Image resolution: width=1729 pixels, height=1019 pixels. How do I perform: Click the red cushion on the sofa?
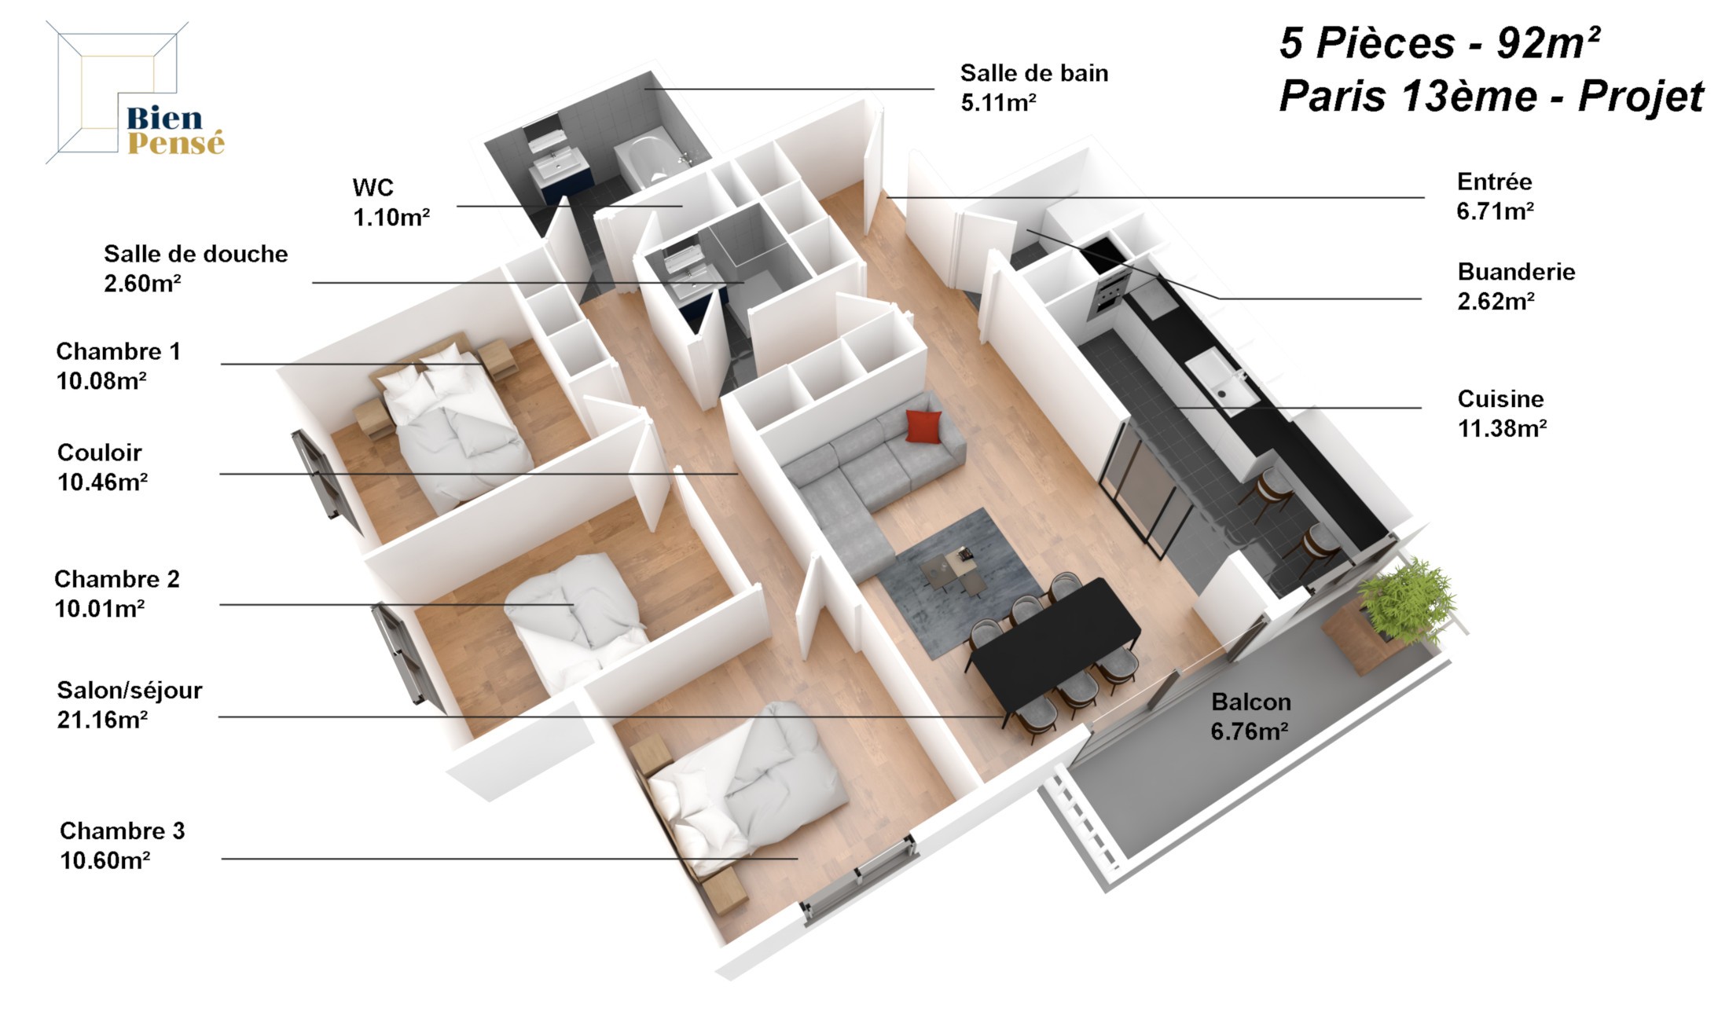coord(923,426)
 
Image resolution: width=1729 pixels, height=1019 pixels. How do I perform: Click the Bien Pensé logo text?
coord(175,130)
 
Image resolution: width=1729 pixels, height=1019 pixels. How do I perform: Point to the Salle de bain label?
coord(1034,73)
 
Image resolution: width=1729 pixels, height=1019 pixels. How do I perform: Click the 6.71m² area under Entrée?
coord(1495,211)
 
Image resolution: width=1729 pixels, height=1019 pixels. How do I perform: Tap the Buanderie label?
coord(1516,272)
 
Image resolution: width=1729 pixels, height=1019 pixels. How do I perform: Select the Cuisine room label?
coord(1500,399)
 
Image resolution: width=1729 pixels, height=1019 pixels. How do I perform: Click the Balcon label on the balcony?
coord(1250,702)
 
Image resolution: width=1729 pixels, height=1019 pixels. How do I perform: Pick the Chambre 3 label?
coord(122,830)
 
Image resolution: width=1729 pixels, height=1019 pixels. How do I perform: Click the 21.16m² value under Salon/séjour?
coord(102,720)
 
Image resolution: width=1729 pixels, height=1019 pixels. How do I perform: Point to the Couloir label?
coord(100,453)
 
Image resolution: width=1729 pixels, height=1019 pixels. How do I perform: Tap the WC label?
coord(373,188)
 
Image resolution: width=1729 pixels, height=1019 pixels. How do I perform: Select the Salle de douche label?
coord(196,254)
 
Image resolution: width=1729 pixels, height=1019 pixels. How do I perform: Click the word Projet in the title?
coord(1641,97)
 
